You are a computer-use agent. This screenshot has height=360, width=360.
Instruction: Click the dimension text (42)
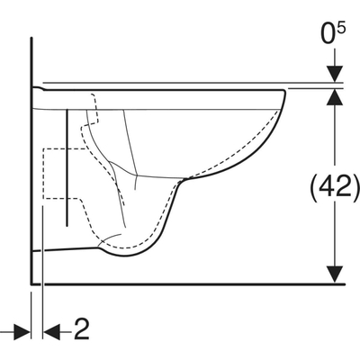[x=334, y=189]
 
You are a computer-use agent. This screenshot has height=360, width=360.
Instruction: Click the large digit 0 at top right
[x=328, y=34]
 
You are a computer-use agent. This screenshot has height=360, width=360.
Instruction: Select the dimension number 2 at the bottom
[x=82, y=329]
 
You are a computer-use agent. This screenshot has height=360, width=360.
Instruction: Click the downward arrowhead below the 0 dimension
[x=335, y=74]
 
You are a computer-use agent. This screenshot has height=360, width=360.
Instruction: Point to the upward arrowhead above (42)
[x=335, y=96]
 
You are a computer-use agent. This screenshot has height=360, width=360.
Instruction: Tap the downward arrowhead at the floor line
[x=335, y=274]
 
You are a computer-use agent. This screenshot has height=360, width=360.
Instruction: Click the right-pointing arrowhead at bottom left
[x=22, y=332]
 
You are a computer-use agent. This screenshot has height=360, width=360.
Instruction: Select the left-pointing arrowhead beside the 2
[x=52, y=332]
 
